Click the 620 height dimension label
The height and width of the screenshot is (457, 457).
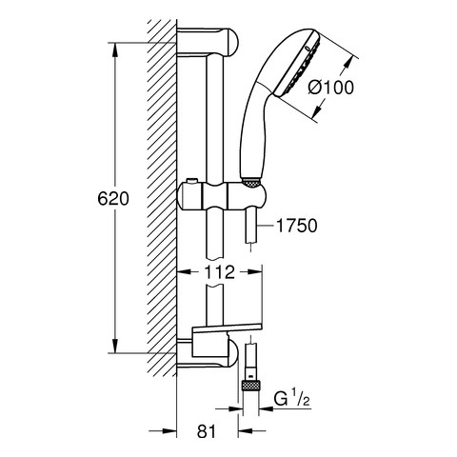point(113,199)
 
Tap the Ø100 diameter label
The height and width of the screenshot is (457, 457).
point(330,87)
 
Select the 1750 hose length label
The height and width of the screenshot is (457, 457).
point(297,226)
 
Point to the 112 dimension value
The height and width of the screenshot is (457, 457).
point(219,272)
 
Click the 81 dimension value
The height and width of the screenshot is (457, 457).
point(207,431)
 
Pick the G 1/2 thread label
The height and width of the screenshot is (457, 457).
point(292,399)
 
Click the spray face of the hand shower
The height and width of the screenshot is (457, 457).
point(298,64)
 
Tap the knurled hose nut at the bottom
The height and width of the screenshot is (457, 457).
point(250,386)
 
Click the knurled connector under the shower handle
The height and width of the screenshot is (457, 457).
point(251,183)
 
